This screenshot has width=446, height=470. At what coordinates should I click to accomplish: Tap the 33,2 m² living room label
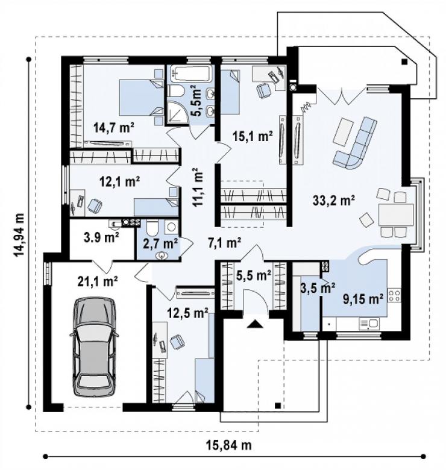pyautogui.click(x=334, y=200)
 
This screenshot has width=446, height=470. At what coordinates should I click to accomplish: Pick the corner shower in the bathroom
pyautogui.click(x=176, y=111)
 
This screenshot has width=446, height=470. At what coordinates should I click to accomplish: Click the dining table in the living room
pyautogui.click(x=396, y=215)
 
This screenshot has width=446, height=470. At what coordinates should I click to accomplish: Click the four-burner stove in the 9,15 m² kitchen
pyautogui.click(x=394, y=295)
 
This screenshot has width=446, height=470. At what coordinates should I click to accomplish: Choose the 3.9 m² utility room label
pyautogui.click(x=101, y=237)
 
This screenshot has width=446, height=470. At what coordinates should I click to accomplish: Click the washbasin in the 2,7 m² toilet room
pyautogui.click(x=162, y=255)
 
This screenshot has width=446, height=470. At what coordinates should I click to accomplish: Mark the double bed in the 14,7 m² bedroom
pyautogui.click(x=142, y=97)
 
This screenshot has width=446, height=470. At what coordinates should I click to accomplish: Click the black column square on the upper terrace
pyautogui.click(x=404, y=62)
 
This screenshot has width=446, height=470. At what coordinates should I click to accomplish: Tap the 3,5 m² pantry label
pyautogui.click(x=318, y=288)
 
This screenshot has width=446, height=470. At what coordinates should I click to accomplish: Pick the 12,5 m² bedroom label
pyautogui.click(x=187, y=313)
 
